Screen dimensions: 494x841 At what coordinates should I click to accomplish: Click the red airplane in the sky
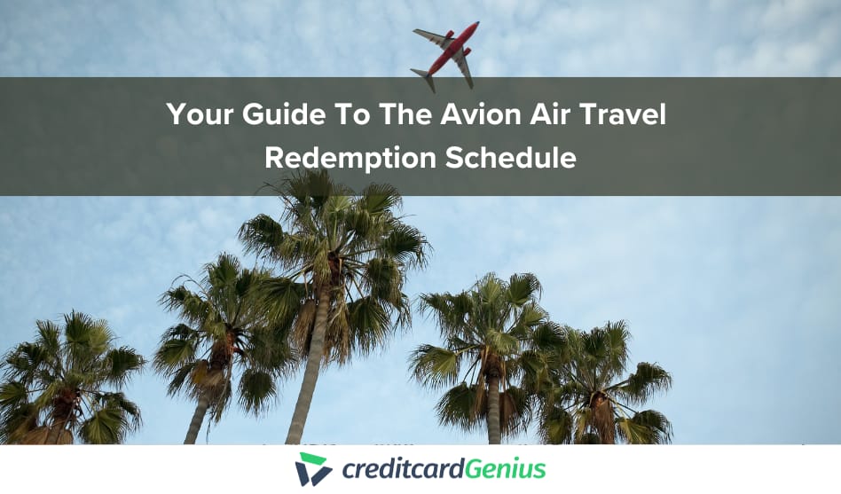[x=448, y=54]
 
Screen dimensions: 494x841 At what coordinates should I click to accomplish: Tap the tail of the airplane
[x=423, y=78]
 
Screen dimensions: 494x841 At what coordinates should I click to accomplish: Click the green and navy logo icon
[x=313, y=469]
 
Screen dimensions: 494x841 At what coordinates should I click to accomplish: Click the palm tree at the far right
[x=612, y=381]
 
